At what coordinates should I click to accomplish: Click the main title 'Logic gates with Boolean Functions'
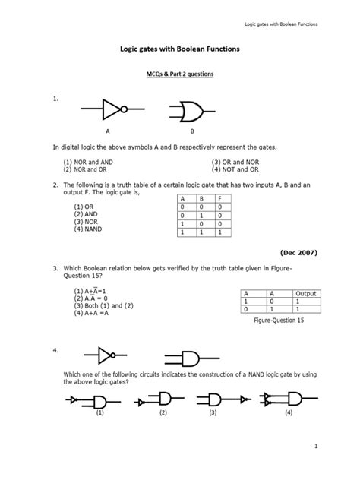[x=179, y=49]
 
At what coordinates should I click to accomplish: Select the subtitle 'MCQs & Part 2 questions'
[x=179, y=74]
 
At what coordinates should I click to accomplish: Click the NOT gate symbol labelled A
[x=107, y=111]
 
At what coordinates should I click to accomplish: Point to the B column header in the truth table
[x=201, y=198]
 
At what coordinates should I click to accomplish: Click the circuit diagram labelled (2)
[x=163, y=399]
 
